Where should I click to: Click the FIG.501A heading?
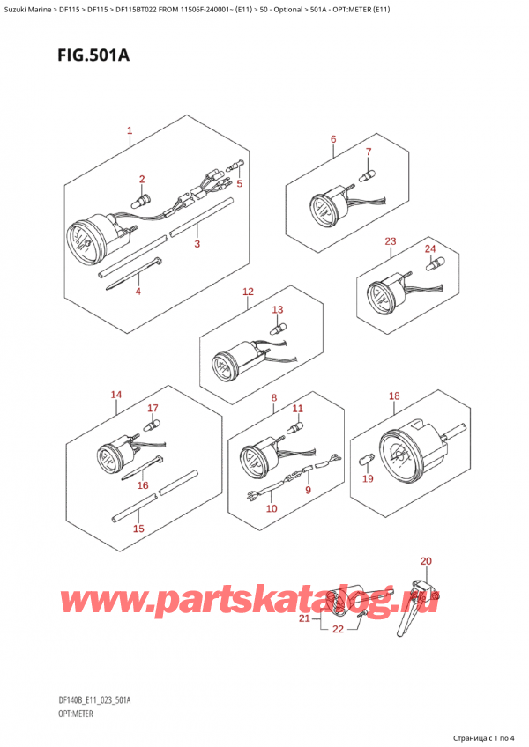[93, 55]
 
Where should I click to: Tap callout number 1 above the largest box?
[130, 130]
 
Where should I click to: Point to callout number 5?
[240, 183]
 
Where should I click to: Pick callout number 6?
[333, 139]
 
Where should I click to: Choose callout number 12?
[248, 292]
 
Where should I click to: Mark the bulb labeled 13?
[278, 329]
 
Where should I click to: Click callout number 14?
[115, 395]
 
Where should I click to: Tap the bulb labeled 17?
[153, 424]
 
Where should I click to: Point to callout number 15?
[138, 529]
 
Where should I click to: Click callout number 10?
[272, 508]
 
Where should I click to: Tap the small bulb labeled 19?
[365, 461]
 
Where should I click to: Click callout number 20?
[426, 561]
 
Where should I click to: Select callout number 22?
[338, 629]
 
